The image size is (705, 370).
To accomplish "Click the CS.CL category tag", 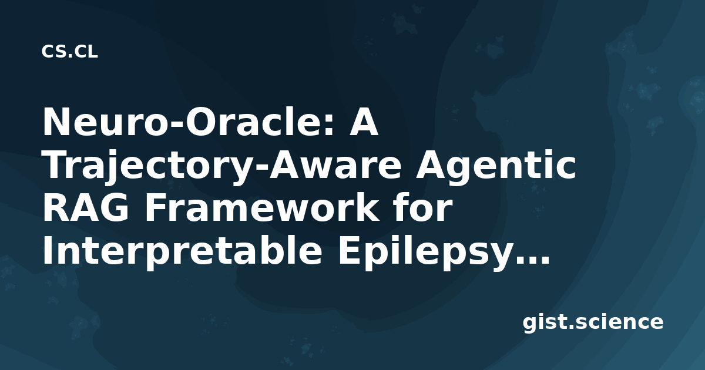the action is pos(69,52).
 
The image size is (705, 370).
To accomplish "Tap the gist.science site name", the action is pos(593,323).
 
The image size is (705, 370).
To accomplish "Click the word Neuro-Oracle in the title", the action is pos(188,122).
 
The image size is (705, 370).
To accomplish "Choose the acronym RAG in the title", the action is pos(86,208).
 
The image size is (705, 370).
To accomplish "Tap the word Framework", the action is pos(262,208).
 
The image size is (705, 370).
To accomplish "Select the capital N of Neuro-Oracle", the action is pos(55,122).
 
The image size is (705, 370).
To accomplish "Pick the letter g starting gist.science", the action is pos(531,326).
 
